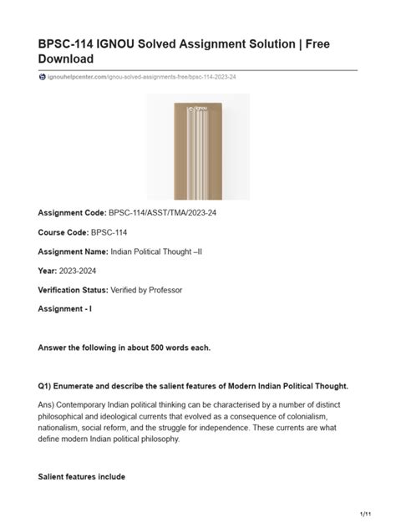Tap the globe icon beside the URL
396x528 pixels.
point(43,77)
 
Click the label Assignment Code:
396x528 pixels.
point(73,213)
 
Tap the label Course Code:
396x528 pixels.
point(64,231)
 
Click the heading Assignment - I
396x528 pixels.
point(69,308)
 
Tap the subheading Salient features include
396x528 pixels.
point(82,476)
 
